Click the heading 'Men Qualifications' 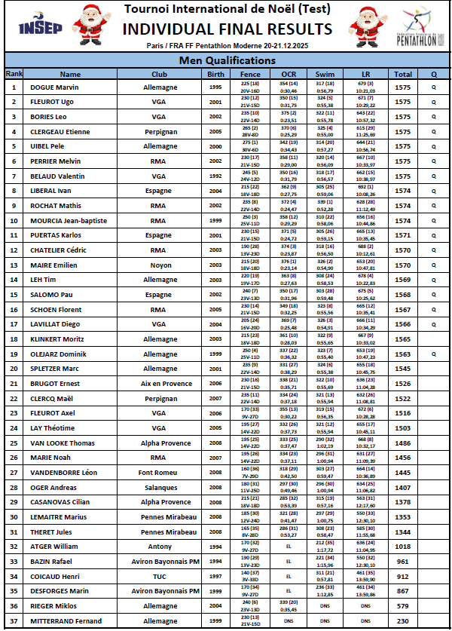point(226,60)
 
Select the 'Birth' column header point(215,74)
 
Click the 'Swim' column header point(325,74)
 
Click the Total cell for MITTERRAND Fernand point(403,621)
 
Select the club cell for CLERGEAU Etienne point(159,131)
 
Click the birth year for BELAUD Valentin point(215,176)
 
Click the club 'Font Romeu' point(159,473)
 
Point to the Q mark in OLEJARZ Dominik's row point(433,354)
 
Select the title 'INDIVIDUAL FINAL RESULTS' point(227,29)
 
